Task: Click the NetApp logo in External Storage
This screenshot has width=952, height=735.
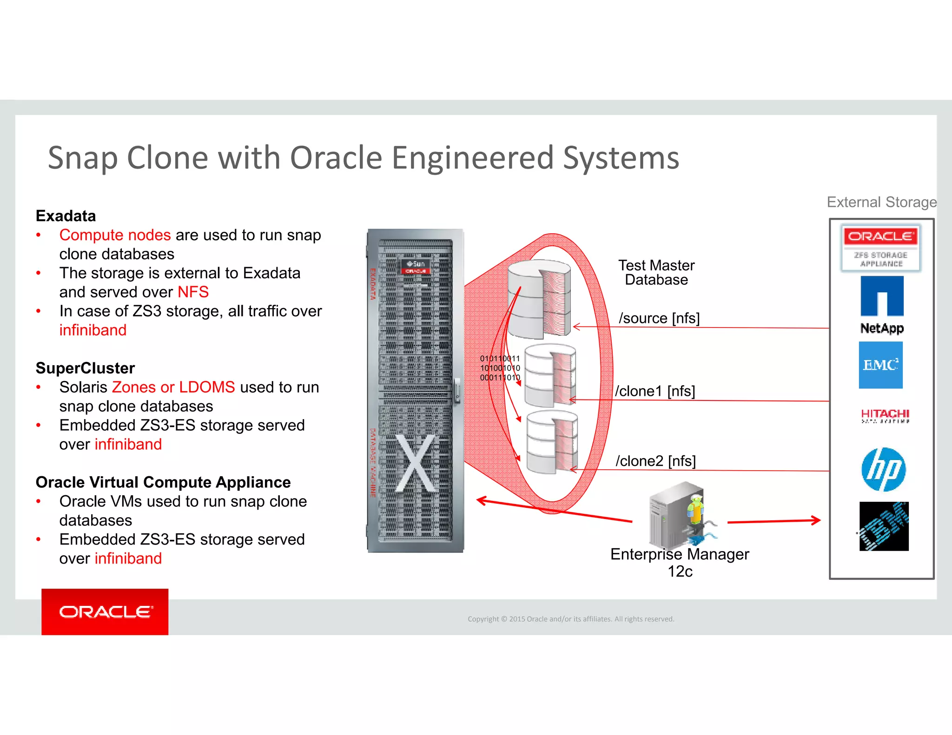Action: [x=882, y=304]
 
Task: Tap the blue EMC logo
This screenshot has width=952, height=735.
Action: [x=880, y=365]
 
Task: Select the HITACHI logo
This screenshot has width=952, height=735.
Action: [x=885, y=415]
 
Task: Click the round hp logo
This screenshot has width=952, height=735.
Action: [x=883, y=469]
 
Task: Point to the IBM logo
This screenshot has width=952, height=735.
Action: [x=884, y=526]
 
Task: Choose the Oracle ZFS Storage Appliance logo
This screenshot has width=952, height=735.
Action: [x=880, y=248]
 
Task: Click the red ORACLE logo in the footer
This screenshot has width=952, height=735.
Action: [x=105, y=612]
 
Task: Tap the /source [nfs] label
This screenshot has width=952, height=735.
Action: [x=659, y=318]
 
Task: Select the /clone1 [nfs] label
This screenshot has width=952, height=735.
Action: [x=655, y=391]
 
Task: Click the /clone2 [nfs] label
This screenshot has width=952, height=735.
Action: [x=655, y=461]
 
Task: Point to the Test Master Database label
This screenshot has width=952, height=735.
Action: [x=656, y=273]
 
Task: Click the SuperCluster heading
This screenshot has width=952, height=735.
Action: [x=85, y=368]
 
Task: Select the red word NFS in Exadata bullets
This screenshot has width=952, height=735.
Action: [x=193, y=292]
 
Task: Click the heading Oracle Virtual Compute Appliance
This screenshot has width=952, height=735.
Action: [x=163, y=482]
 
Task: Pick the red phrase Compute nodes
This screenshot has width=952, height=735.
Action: [x=115, y=235]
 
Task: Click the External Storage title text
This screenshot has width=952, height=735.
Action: [x=881, y=202]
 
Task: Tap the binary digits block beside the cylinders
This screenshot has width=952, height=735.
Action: [x=500, y=368]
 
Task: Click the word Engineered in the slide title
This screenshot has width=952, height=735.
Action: [x=473, y=158]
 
